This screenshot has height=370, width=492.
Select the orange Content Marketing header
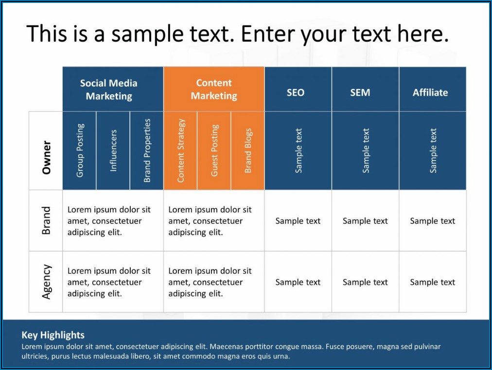coord(214,89)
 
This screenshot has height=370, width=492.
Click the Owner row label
coord(46,151)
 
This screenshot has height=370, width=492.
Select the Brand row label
coord(46,220)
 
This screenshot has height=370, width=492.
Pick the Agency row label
coord(46,282)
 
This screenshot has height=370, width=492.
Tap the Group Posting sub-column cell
coord(79,151)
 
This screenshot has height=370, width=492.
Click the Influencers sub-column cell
coord(113,151)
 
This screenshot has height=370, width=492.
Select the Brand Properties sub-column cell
coord(147,151)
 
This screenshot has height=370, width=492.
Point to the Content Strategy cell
coord(180,151)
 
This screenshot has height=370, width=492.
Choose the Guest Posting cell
coord(214,151)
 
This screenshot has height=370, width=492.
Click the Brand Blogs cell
coord(247,151)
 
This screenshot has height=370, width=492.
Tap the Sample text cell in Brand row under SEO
coord(298,220)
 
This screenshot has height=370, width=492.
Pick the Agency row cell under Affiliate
coord(433,282)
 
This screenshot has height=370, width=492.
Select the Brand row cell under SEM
coord(365,220)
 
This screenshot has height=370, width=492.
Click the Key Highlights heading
coord(53,335)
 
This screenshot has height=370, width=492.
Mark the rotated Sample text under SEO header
coord(299,151)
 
